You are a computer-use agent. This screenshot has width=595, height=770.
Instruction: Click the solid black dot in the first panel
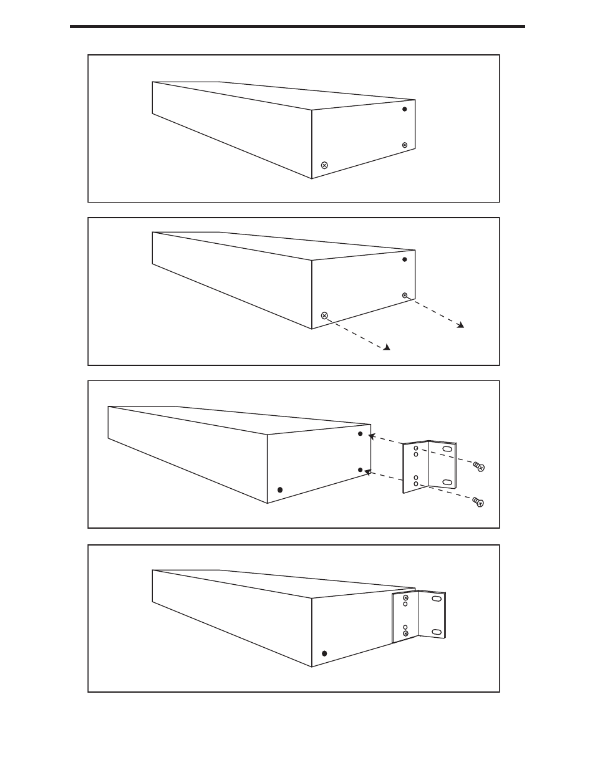[x=404, y=109]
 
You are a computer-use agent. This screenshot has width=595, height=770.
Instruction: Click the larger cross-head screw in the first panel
[x=324, y=165]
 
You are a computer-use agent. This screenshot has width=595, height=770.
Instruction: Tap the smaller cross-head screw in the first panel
[x=404, y=145]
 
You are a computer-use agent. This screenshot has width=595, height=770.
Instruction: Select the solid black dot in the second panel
[x=404, y=259]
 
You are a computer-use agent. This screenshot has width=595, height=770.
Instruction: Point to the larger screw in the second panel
[x=324, y=315]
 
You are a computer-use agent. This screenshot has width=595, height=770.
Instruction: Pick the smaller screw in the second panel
[x=404, y=295]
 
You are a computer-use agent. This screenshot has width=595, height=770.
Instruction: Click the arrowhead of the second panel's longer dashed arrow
[x=387, y=347]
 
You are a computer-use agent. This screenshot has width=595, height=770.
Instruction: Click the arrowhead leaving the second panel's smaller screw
[x=460, y=325]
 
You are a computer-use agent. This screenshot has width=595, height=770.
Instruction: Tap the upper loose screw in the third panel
[x=479, y=466]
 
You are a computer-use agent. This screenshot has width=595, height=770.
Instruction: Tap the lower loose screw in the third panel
[x=479, y=502]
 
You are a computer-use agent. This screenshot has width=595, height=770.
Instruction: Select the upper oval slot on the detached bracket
[x=447, y=449]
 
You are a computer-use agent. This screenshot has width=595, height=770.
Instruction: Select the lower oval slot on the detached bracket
[x=447, y=482]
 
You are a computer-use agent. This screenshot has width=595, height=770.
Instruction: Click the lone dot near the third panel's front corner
[x=279, y=490]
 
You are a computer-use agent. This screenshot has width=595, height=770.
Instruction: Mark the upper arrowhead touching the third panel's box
[x=372, y=437]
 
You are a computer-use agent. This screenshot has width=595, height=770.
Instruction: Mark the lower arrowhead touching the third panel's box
[x=368, y=473]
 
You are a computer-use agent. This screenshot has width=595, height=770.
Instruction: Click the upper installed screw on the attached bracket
[x=405, y=598]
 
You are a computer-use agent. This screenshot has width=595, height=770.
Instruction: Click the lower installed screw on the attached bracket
[x=405, y=634]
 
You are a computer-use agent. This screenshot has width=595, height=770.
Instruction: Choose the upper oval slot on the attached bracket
[x=437, y=599]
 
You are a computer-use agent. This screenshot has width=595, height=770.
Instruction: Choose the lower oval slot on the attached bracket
[x=437, y=632]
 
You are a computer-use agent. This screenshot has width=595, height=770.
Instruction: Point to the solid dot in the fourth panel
[x=324, y=653]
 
